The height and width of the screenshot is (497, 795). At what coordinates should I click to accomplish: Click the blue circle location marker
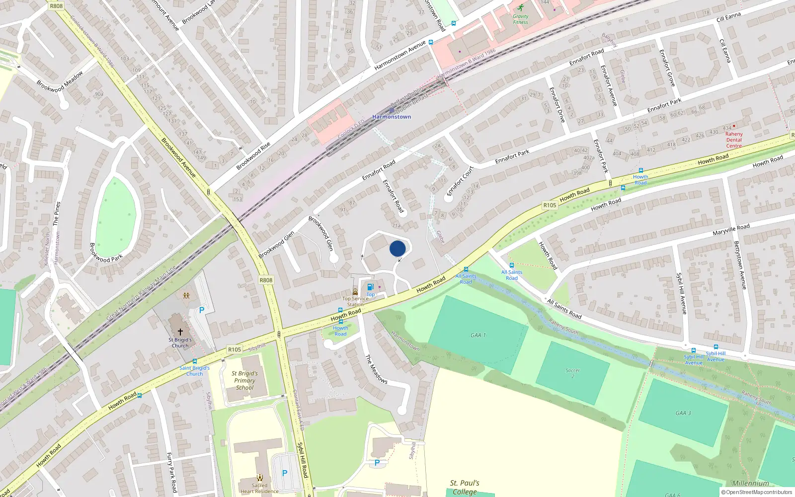pyautogui.click(x=397, y=248)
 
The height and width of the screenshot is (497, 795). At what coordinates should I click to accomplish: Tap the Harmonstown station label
pyautogui.click(x=392, y=117)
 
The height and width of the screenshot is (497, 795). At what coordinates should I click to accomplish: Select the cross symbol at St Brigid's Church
pyautogui.click(x=180, y=331)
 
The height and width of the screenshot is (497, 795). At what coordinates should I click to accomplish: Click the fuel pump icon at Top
pyautogui.click(x=370, y=287)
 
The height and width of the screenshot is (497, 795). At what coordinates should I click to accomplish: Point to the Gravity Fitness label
pyautogui.click(x=520, y=19)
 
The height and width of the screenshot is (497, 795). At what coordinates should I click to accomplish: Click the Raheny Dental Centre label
pyautogui.click(x=734, y=140)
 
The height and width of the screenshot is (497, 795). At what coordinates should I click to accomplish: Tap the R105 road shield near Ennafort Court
pyautogui.click(x=550, y=205)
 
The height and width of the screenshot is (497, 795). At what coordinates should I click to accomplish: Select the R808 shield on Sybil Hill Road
pyautogui.click(x=266, y=280)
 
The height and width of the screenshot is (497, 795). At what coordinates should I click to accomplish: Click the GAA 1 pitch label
pyautogui.click(x=478, y=335)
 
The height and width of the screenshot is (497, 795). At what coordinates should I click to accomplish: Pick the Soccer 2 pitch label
pyautogui.click(x=572, y=373)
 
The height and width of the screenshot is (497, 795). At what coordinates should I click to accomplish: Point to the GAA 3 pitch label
pyautogui.click(x=683, y=413)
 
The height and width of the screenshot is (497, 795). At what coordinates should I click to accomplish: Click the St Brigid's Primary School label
pyautogui.click(x=244, y=380)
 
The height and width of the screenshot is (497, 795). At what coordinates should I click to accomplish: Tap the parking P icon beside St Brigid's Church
pyautogui.click(x=202, y=310)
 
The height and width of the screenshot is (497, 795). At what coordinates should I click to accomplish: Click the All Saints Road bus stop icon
pyautogui.click(x=511, y=266)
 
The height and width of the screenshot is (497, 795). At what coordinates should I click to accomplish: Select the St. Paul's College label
pyautogui.click(x=465, y=487)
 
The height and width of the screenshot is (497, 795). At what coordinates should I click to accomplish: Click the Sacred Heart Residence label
pyautogui.click(x=259, y=489)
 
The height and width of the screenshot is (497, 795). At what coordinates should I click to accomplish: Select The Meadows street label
pyautogui.click(x=376, y=369)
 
